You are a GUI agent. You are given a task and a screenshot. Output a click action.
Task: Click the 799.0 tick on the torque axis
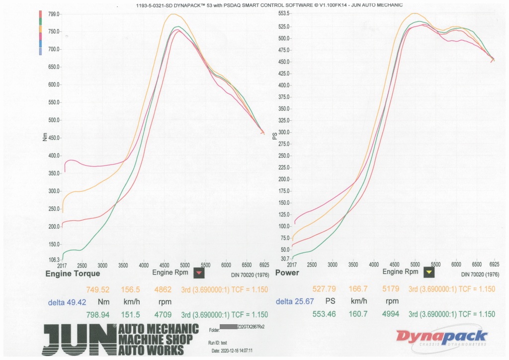[53, 14]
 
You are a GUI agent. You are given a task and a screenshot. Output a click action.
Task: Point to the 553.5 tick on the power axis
[283, 13]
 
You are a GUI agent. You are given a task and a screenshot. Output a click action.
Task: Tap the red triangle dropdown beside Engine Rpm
[199, 272]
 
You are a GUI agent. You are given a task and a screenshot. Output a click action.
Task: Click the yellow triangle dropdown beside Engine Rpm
[429, 272]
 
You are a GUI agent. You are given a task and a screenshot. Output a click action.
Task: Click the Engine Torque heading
[73, 273]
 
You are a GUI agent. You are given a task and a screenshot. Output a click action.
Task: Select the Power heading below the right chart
[287, 273]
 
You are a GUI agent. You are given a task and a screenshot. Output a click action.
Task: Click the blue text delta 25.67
[296, 302]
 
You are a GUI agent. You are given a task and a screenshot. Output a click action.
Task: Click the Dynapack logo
[441, 337]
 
